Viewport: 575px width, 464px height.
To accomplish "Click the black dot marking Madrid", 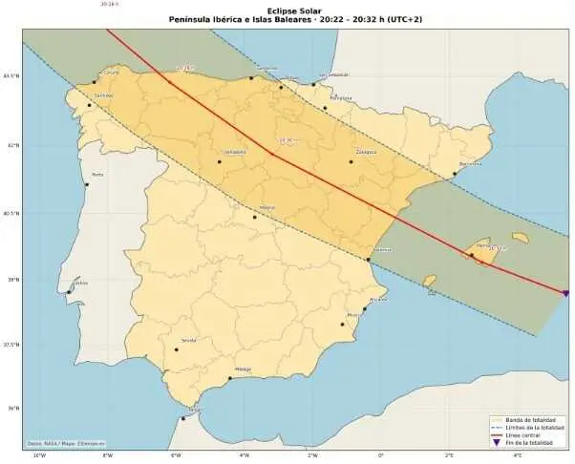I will tap(254, 217).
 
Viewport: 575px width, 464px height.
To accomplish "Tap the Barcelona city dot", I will tap(455, 174).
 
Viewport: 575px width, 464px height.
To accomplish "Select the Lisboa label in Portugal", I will tap(81, 283).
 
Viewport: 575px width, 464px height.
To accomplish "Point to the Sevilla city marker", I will tap(177, 349).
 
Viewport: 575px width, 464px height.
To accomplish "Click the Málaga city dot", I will tap(230, 378).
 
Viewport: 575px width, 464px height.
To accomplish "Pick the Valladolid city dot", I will tap(220, 161).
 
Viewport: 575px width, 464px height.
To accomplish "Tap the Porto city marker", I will tap(87, 185).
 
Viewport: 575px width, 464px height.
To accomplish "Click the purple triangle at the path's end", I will tap(565, 293).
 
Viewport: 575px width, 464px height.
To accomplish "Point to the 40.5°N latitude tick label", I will tap(11, 213).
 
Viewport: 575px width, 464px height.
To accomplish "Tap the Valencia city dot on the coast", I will tap(369, 260).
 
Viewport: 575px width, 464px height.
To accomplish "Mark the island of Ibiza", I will tap(430, 282).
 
